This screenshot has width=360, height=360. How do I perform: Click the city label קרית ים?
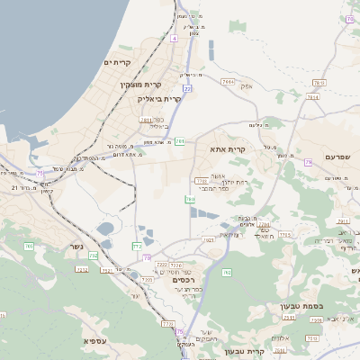tap(118, 62)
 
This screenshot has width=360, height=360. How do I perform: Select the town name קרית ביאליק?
tap(159, 98)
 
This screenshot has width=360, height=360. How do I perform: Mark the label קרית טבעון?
tap(247, 351)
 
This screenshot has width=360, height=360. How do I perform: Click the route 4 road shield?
tap(174, 39)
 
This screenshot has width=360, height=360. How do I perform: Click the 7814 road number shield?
tap(229, 81)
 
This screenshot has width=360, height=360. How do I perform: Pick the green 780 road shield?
tap(189, 199)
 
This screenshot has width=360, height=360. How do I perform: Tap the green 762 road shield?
tap(227, 272)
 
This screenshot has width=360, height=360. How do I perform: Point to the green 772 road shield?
tap(138, 245)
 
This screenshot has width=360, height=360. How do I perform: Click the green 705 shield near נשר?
tap(93, 256)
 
